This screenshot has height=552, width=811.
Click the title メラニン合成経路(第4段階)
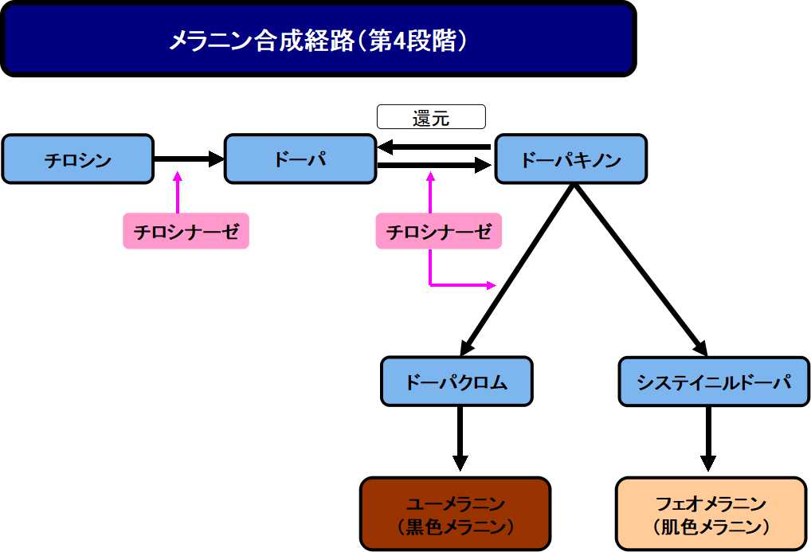(x=318, y=40)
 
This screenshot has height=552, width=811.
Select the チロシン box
(x=77, y=159)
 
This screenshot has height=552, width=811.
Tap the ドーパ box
(x=300, y=159)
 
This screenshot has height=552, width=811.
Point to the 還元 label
(x=431, y=118)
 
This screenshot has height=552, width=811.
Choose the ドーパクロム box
(x=456, y=382)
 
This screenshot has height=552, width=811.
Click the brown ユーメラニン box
(x=455, y=514)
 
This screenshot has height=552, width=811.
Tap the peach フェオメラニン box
(x=711, y=514)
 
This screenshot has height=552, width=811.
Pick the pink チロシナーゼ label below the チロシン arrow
(x=186, y=231)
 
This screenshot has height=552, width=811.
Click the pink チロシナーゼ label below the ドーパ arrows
(x=438, y=231)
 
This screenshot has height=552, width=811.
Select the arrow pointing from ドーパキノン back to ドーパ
(x=435, y=147)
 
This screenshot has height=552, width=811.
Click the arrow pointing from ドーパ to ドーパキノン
(x=435, y=166)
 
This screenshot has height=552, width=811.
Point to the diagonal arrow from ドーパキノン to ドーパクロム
(x=518, y=269)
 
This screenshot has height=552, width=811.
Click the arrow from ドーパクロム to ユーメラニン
(x=460, y=438)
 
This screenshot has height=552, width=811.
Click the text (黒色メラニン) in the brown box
(x=455, y=527)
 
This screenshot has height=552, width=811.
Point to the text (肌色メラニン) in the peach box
(x=711, y=527)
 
